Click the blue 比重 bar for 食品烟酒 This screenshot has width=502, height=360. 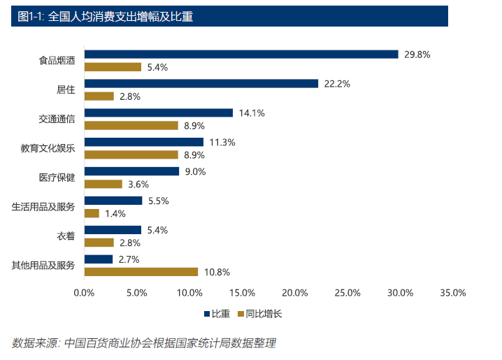pos(241,55)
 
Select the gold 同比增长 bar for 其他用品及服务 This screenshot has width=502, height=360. pos(141,272)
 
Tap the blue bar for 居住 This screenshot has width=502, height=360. pos(201,84)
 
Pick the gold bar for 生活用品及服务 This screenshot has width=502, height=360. pos(92,213)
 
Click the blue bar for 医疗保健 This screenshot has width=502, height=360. pos(131,171)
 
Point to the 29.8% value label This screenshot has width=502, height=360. pos(417,55)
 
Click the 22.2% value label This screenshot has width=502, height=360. pos(337,84)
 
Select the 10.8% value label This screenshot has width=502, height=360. pos(217,272)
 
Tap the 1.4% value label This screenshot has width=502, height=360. pos(115,214)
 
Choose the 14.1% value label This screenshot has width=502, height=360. pos(252,113)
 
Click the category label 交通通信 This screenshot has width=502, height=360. pos(57,119)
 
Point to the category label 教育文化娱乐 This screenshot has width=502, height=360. pos(48,148)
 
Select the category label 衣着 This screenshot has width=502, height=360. pos(66,236)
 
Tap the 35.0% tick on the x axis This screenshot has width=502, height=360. pos(452,293)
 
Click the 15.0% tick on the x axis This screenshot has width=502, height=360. pos(242,293)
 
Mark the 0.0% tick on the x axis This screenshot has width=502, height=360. pos(84,293)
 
